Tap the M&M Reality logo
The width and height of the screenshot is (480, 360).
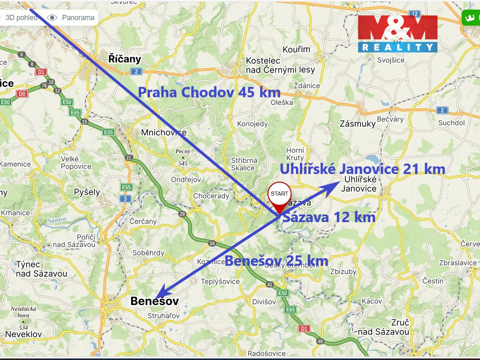397,34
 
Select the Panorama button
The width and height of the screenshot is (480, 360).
71,18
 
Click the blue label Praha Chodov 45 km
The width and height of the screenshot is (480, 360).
209,92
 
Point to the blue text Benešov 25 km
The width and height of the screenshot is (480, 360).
276,261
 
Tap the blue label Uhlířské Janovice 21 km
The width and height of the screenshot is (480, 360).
362,169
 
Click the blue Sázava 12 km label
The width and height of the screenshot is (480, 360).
329,217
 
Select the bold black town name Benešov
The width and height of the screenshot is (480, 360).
154,301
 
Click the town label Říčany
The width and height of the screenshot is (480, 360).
125,59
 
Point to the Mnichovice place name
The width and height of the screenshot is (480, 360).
164,133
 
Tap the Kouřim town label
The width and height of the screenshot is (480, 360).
296,49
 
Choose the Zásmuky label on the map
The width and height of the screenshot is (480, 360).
357,123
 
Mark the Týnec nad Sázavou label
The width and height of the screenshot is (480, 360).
42,269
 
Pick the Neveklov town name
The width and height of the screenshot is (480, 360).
24,334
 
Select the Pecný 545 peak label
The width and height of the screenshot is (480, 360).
183,157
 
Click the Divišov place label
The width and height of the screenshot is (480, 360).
264,301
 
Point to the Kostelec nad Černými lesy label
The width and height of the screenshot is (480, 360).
280,65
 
